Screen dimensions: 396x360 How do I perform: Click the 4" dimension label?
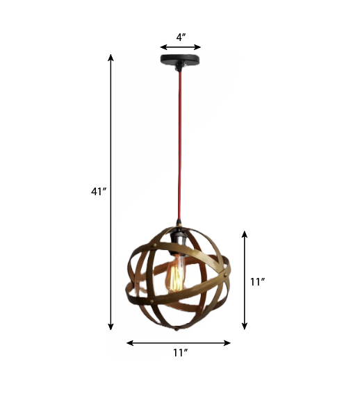pyautogui.click(x=181, y=38)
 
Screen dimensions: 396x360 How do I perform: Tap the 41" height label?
pyautogui.click(x=98, y=192)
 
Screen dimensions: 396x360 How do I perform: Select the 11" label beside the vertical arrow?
pyautogui.click(x=257, y=281)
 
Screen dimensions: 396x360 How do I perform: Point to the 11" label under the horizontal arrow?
pyautogui.click(x=180, y=353)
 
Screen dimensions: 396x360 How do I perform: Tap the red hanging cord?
pyautogui.click(x=180, y=153)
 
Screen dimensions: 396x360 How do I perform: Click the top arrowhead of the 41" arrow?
pyautogui.click(x=111, y=56)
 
